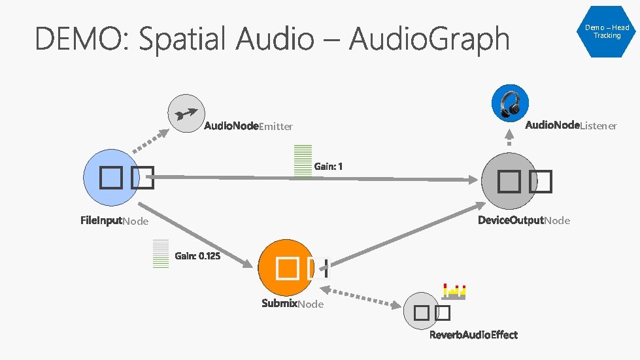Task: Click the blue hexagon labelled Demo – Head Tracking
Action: point(607,31)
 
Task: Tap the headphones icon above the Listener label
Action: point(510,103)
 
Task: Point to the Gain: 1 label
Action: point(328,167)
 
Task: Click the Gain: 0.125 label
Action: point(197,256)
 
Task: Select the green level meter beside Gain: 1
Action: point(303,161)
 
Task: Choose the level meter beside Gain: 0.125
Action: point(161,254)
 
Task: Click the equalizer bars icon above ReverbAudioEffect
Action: point(454,291)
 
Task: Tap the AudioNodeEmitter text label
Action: point(248,126)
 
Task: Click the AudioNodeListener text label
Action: point(571,125)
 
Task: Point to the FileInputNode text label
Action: point(114,221)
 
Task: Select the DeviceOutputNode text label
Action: point(524,220)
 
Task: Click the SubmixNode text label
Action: point(292,304)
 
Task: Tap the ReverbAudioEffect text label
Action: point(473,335)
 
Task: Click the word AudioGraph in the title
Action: point(429,39)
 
